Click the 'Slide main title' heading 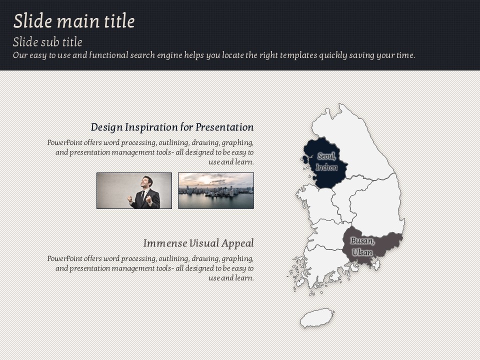[74, 21]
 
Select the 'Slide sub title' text [47, 42]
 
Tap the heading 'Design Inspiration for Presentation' [172, 127]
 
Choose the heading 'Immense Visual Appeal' [198, 243]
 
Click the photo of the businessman [134, 190]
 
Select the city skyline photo [216, 190]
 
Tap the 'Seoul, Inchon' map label [326, 162]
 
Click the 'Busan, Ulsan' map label [362, 246]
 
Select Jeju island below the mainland [317, 318]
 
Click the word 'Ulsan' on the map [362, 252]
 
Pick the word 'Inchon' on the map [326, 167]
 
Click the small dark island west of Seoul [304, 159]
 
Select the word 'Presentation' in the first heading [224, 127]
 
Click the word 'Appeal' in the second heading [237, 243]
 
